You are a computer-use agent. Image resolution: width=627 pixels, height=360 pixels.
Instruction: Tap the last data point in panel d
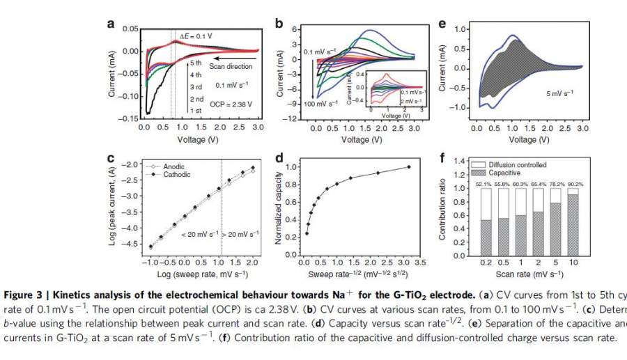pyautogui.click(x=408, y=166)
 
